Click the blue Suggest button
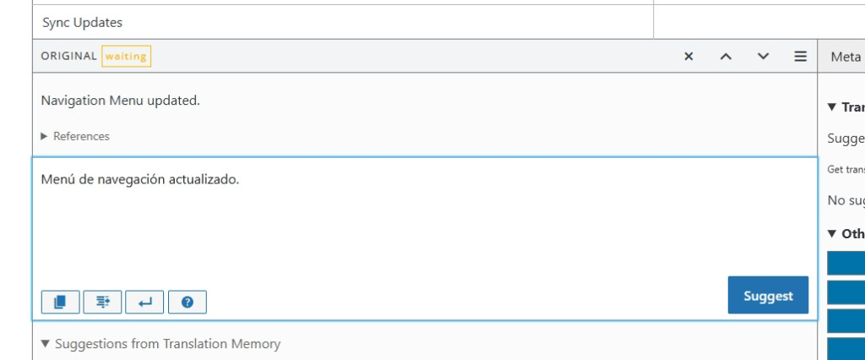(768, 295)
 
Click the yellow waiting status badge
(126, 57)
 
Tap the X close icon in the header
(688, 57)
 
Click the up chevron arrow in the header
(726, 57)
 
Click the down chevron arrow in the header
(763, 57)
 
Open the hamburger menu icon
(800, 57)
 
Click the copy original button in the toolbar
(60, 302)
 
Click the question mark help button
(188, 302)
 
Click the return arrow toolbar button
(144, 302)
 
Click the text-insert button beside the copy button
(102, 302)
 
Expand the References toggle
(75, 136)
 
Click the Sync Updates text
(82, 23)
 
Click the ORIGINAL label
(68, 57)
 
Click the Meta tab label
(846, 57)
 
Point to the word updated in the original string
(175, 101)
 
